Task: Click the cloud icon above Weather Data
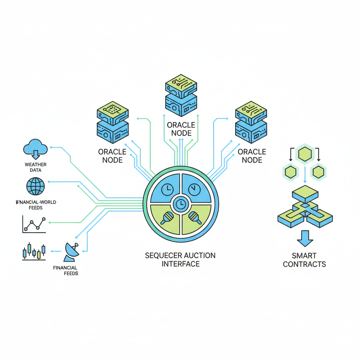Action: pyautogui.click(x=35, y=147)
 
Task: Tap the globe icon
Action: pyautogui.click(x=35, y=186)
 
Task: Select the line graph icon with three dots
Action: pyautogui.click(x=34, y=225)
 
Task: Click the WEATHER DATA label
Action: pyautogui.click(x=36, y=167)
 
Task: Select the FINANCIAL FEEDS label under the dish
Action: pyautogui.click(x=66, y=270)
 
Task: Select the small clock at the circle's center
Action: pyautogui.click(x=181, y=203)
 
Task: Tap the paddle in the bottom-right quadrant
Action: pyautogui.click(x=194, y=218)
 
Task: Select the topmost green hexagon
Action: pyautogui.click(x=304, y=154)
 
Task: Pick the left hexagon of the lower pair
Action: pyautogui.click(x=291, y=172)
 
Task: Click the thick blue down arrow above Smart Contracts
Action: pyautogui.click(x=305, y=238)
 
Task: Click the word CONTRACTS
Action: pyautogui.click(x=304, y=264)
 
